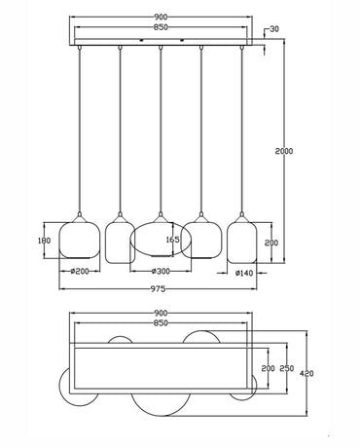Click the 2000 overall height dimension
coord(283,151)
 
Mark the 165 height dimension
coord(172,239)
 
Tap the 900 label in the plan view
coord(161,315)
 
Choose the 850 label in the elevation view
coord(161,29)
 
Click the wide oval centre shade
coord(160,240)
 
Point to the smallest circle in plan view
coord(121,340)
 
